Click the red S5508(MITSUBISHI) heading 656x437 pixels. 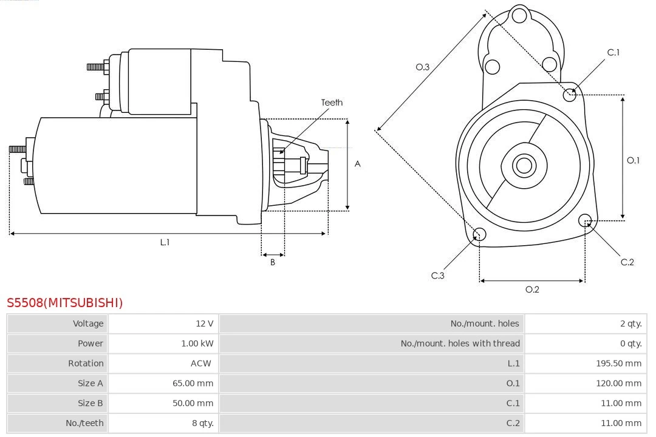tap(64, 302)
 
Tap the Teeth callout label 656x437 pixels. tap(332, 103)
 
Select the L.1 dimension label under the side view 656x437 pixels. tap(165, 242)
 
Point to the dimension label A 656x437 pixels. tap(357, 164)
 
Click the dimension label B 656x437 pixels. tap(273, 263)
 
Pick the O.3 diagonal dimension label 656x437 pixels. tap(422, 67)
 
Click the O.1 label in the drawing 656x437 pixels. tap(633, 160)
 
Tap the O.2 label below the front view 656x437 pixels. tap(532, 290)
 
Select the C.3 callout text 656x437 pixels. tap(438, 276)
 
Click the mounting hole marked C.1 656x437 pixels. tap(570, 94)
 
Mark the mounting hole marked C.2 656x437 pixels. tap(585, 220)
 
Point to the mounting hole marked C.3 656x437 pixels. tap(479, 234)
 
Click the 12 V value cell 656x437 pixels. tap(205, 324)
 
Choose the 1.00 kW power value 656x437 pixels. tap(197, 344)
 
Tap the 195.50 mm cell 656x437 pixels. tap(618, 364)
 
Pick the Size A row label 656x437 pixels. tap(91, 384)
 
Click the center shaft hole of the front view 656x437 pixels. tap(523, 165)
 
